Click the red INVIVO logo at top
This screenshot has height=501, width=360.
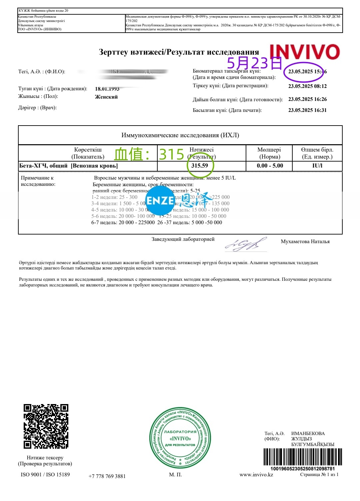pyautogui.click(x=304, y=52)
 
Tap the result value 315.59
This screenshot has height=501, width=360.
pyautogui.click(x=200, y=166)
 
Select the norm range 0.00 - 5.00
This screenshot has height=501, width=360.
pyautogui.click(x=270, y=166)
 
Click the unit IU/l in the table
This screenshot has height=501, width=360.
pyautogui.click(x=317, y=166)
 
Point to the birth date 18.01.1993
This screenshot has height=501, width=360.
pyautogui.click(x=107, y=89)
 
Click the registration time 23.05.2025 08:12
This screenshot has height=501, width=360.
pyautogui.click(x=307, y=86)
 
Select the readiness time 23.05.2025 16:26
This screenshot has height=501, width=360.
pyautogui.click(x=307, y=99)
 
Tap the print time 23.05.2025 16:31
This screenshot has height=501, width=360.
pyautogui.click(x=307, y=110)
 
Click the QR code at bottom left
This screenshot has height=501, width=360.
pyautogui.click(x=46, y=426)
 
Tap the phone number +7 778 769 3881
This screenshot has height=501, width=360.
pyautogui.click(x=107, y=476)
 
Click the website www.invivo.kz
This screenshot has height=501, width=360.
pyautogui.click(x=256, y=474)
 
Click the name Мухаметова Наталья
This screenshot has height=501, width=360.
pyautogui.click(x=305, y=242)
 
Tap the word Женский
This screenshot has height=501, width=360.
pyautogui.click(x=106, y=97)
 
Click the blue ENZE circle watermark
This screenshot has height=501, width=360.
pyautogui.click(x=160, y=200)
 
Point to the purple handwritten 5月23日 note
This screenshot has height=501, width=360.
pyautogui.click(x=254, y=63)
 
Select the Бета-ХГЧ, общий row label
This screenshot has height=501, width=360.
pyautogui.click(x=68, y=166)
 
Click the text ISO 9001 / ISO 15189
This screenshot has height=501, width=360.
pyautogui.click(x=45, y=474)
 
